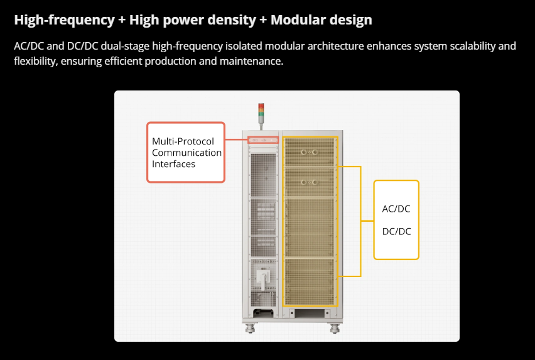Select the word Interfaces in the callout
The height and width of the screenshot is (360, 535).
point(173,164)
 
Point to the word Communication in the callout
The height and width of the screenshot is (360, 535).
point(186,153)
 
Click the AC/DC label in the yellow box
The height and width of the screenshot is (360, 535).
point(396,209)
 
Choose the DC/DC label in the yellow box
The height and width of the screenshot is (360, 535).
point(396,231)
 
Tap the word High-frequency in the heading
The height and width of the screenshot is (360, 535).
point(63,20)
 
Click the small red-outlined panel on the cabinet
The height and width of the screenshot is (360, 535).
point(262,139)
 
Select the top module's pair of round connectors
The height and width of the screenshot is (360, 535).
point(308,152)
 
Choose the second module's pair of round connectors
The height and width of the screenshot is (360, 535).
point(308,182)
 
